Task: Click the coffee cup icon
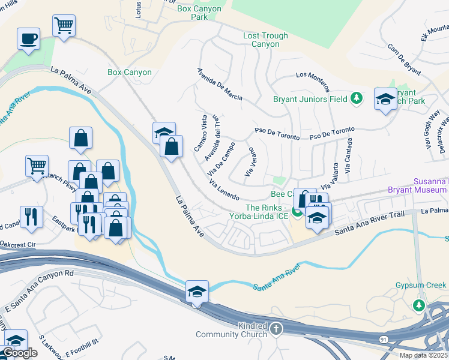click(x=28, y=40)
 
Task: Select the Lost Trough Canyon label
click(x=265, y=40)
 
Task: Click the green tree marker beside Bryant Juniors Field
click(x=356, y=98)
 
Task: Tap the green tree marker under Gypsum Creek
click(x=419, y=306)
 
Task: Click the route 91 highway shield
click(x=382, y=340)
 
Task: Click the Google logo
click(x=20, y=353)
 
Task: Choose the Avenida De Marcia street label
click(x=220, y=84)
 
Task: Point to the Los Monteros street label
click(x=313, y=76)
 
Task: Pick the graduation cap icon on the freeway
click(x=197, y=292)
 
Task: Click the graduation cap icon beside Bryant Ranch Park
click(x=385, y=100)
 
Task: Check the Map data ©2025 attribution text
click(x=424, y=355)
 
